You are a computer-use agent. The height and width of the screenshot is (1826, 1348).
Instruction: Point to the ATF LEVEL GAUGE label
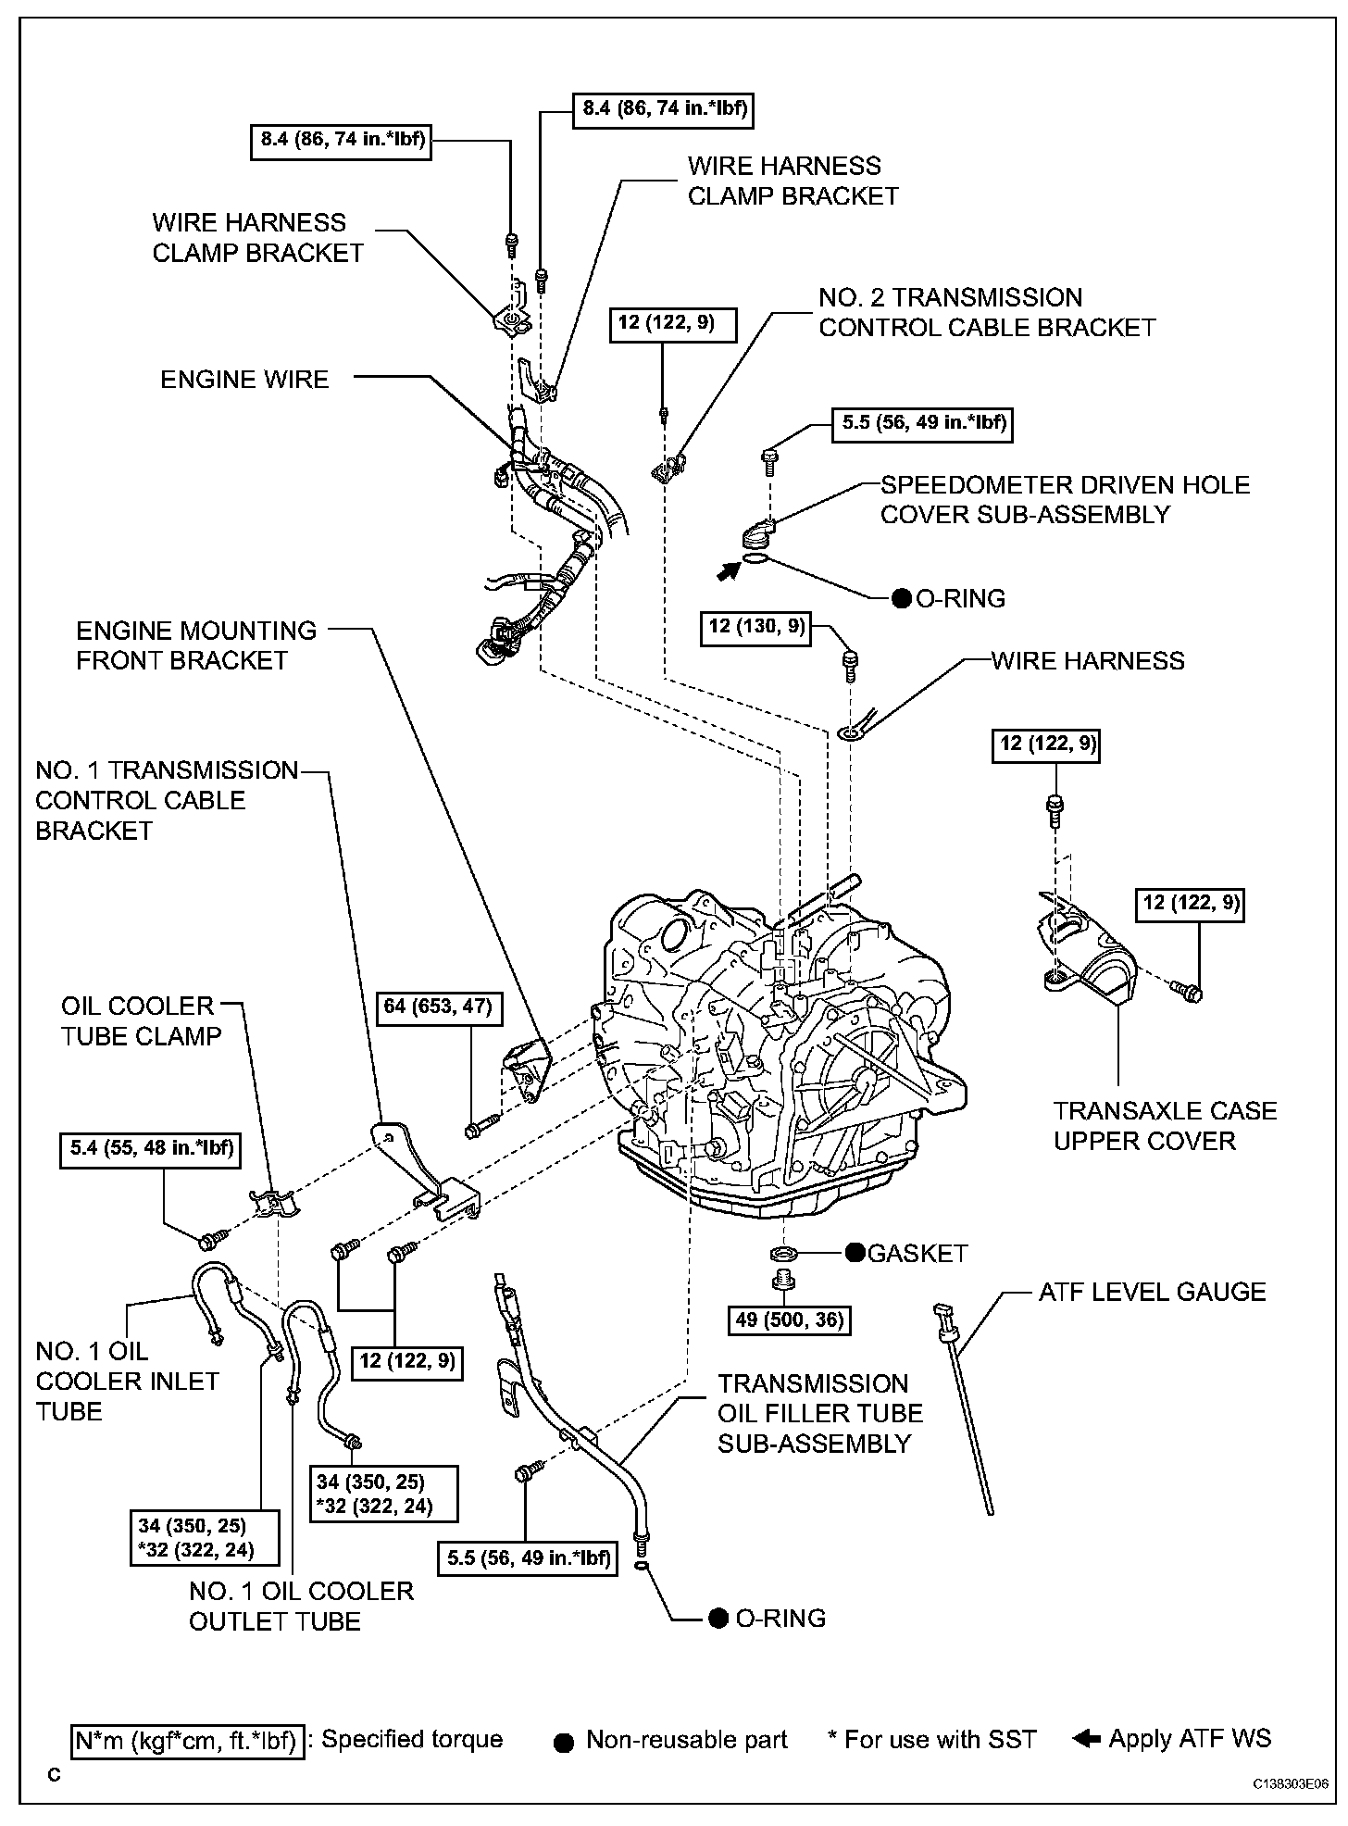tap(1152, 1292)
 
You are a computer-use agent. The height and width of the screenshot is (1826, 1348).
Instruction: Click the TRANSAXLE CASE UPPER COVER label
tap(1165, 1125)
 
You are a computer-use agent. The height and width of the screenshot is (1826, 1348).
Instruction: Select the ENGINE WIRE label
tap(244, 380)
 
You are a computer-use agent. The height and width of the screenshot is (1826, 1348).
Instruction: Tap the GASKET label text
tap(917, 1253)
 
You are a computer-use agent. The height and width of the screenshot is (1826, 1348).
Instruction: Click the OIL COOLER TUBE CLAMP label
tap(141, 1020)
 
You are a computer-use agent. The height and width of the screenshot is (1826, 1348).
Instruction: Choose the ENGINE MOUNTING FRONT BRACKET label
tap(195, 645)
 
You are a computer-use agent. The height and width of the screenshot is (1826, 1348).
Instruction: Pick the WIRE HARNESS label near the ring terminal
tap(1088, 660)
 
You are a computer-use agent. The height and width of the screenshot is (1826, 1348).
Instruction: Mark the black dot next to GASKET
tap(854, 1253)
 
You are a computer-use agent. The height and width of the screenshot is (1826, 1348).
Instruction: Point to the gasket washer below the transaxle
tap(783, 1253)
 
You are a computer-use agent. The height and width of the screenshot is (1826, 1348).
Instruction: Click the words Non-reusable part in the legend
tap(686, 1740)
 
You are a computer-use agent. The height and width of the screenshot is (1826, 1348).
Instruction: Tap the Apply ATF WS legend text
tap(1190, 1738)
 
